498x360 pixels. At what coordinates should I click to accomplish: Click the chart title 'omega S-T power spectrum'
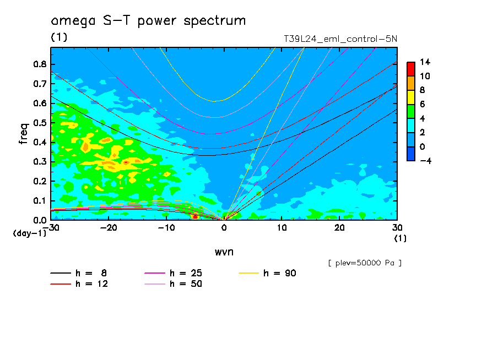[148, 21]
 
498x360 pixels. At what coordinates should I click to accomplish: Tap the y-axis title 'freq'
[24, 134]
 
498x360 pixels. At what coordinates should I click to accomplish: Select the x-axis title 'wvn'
[224, 252]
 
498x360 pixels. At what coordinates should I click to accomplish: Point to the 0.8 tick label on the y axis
[40, 64]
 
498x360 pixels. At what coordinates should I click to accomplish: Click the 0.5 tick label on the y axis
[40, 123]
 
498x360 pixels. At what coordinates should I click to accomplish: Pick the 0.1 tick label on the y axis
[40, 201]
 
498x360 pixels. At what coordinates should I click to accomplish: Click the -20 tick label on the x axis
[109, 228]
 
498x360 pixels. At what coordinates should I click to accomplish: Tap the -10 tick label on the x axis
[166, 228]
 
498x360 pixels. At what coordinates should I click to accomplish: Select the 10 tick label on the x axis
[282, 228]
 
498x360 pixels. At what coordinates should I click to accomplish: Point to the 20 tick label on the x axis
[339, 228]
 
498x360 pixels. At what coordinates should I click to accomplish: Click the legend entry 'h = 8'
[79, 273]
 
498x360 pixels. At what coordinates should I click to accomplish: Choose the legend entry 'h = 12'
[79, 284]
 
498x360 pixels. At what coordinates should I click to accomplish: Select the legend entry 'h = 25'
[174, 273]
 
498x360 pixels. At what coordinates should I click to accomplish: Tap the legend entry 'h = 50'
[174, 284]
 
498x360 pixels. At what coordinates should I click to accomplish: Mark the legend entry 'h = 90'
[267, 273]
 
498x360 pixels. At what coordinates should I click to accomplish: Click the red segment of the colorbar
[411, 69]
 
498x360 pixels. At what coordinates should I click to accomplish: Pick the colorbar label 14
[425, 62]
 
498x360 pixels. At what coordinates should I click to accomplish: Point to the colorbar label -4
[426, 161]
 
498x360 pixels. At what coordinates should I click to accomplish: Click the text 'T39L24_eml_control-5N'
[340, 39]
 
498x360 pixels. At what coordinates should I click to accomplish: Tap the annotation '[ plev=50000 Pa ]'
[365, 263]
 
